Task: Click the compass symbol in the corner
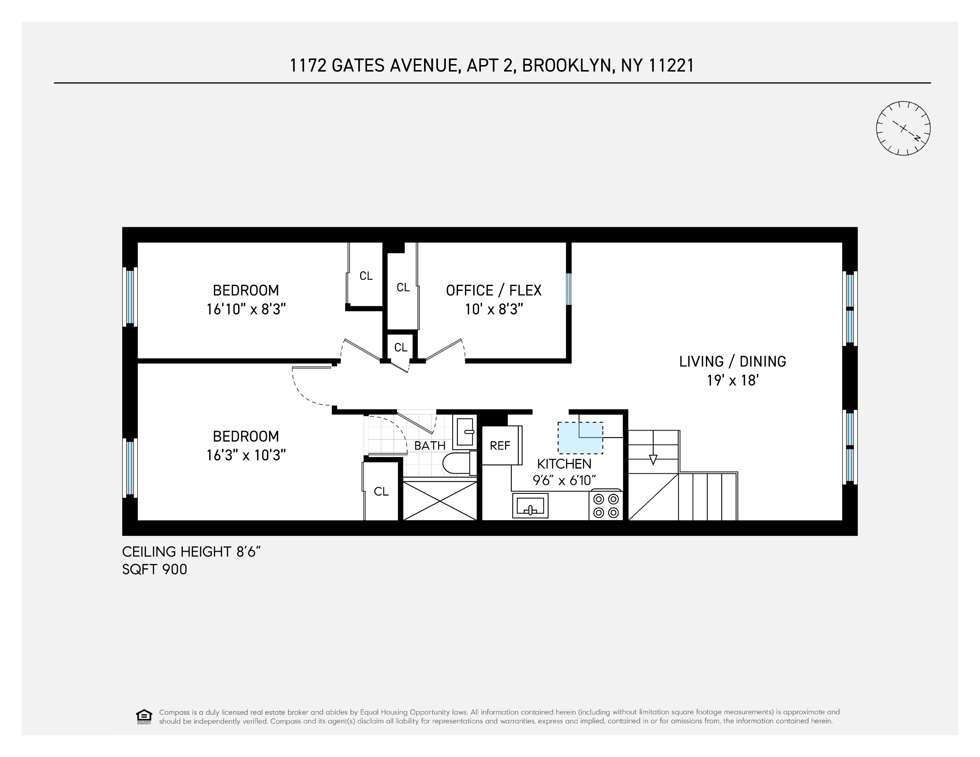(903, 128)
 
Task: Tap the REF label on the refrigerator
(500, 445)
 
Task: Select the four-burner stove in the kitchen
(606, 505)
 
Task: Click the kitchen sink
(530, 505)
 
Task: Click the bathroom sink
(464, 431)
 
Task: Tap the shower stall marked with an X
(440, 500)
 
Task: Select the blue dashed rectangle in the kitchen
(580, 438)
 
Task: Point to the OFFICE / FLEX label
(494, 291)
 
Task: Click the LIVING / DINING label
(732, 361)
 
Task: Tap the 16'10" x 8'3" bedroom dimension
(246, 309)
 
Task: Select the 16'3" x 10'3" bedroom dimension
(246, 455)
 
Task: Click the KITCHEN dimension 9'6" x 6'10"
(564, 480)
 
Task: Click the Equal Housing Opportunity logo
(144, 717)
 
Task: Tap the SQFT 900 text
(154, 570)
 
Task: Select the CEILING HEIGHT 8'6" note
(192, 552)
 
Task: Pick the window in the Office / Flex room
(569, 289)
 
